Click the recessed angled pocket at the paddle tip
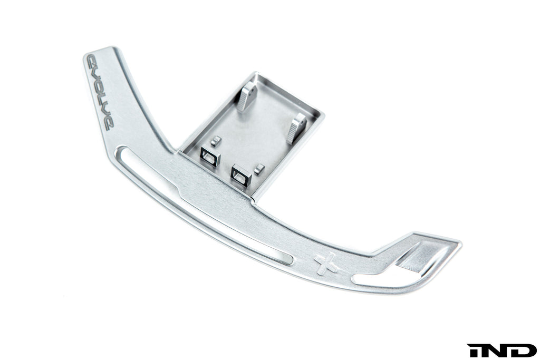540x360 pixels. point(422,257)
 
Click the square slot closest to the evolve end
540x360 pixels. point(209,157)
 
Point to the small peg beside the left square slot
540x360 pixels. point(215,141)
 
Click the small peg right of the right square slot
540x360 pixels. point(258,169)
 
